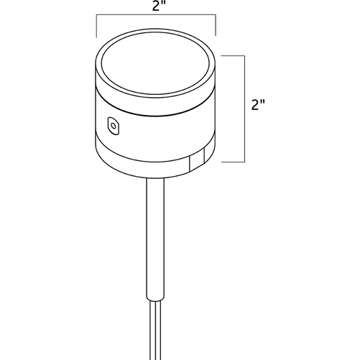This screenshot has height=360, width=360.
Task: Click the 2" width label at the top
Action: (x=157, y=6)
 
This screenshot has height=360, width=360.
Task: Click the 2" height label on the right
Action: (x=258, y=105)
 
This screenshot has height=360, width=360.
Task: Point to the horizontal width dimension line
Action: (x=156, y=15)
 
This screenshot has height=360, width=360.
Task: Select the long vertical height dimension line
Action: (x=244, y=109)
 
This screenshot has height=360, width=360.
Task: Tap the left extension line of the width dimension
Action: (x=96, y=26)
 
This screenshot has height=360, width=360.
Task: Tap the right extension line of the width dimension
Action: (x=216, y=25)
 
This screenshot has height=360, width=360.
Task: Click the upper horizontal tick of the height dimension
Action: (x=233, y=56)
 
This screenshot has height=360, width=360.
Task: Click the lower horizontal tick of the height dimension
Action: (x=233, y=162)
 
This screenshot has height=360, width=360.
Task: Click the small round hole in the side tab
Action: (x=114, y=126)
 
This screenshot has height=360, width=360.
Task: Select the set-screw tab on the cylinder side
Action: (x=114, y=126)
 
